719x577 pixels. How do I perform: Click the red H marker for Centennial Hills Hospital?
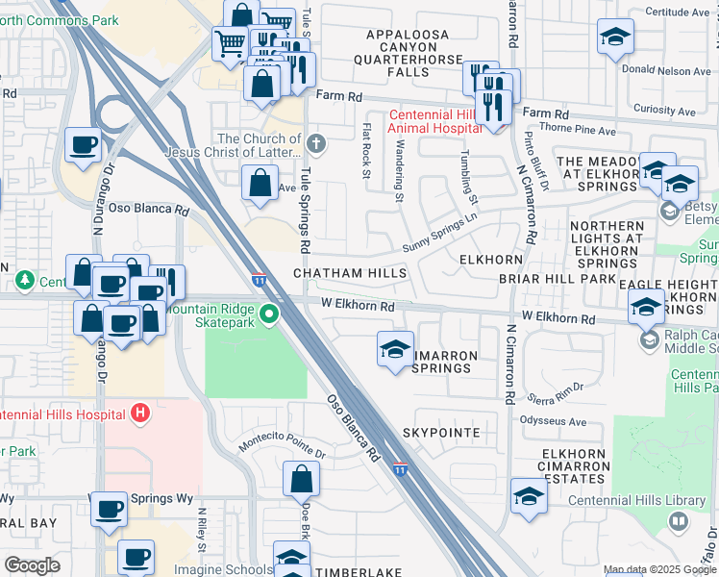140,414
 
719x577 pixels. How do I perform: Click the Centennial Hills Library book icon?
679,521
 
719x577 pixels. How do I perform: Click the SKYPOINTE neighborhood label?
441,434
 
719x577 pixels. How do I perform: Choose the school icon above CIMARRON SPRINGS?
395,350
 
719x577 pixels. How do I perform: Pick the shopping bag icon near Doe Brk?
302,477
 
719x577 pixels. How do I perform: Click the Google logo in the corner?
32,565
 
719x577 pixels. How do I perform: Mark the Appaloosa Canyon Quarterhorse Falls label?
408,53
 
